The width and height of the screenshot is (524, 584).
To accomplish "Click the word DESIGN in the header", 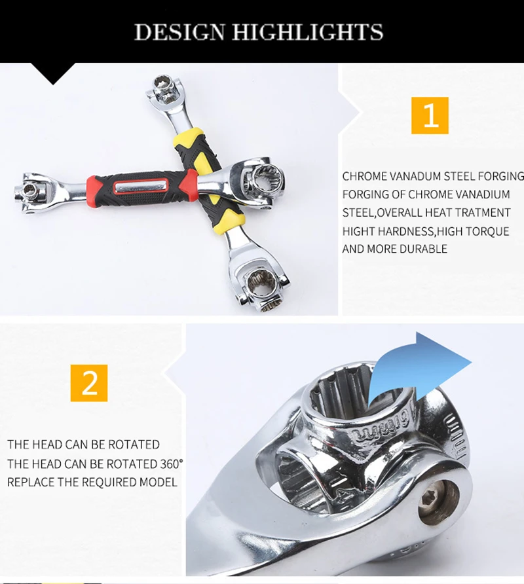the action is pyautogui.click(x=179, y=31).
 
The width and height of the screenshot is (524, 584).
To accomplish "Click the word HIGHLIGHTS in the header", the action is pyautogui.click(x=309, y=31).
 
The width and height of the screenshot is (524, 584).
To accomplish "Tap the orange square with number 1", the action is pyautogui.click(x=430, y=115).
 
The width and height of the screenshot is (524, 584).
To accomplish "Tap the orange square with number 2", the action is pyautogui.click(x=89, y=383).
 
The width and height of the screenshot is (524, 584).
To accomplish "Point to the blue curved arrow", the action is pyautogui.click(x=417, y=369).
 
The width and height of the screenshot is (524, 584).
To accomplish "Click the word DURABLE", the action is pyautogui.click(x=426, y=249).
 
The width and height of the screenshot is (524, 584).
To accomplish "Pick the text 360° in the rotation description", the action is pyautogui.click(x=172, y=464).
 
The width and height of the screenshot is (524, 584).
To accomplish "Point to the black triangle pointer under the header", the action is pyautogui.click(x=53, y=73).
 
